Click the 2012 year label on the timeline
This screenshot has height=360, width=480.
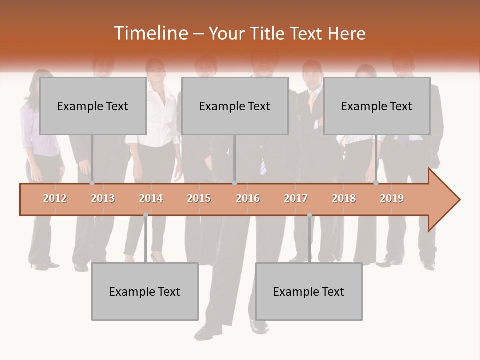(x=55, y=198)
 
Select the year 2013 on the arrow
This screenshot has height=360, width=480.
(x=103, y=198)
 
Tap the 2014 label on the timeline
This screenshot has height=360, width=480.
(x=151, y=198)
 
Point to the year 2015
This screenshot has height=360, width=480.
(x=199, y=198)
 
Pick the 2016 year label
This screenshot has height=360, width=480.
(x=248, y=198)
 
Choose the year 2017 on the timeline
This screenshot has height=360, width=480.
(x=296, y=198)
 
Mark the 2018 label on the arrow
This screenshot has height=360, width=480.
(x=344, y=198)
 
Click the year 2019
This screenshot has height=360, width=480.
(x=392, y=198)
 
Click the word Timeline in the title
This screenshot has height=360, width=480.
(x=150, y=33)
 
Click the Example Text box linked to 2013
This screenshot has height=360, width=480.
(x=93, y=106)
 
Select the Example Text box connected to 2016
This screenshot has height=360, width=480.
(x=235, y=106)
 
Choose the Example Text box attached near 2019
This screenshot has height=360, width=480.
(x=377, y=106)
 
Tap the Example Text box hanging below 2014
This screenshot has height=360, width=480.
(x=145, y=291)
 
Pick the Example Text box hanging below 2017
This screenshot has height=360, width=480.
(x=309, y=291)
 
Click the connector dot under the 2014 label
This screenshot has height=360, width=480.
(x=145, y=215)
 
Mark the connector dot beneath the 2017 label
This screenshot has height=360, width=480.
(x=309, y=215)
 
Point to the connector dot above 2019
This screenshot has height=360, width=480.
(x=376, y=183)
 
